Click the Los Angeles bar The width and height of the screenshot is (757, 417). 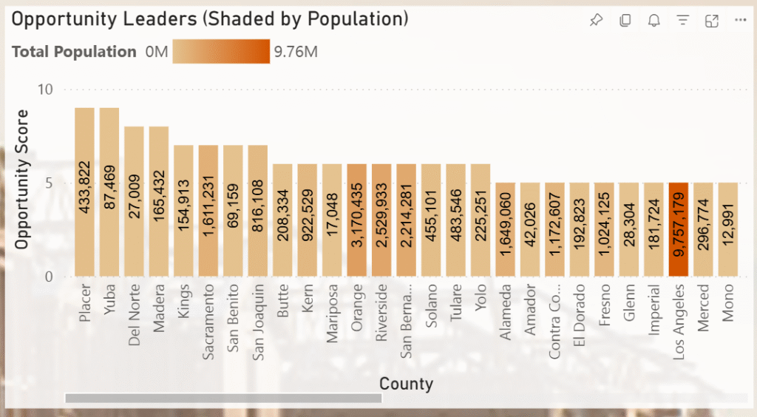(x=679, y=230)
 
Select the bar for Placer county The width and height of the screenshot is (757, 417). (x=84, y=192)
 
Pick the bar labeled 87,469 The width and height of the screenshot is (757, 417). (x=109, y=192)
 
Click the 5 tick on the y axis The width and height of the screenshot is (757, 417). (x=48, y=183)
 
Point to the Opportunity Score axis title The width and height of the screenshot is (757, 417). (x=21, y=179)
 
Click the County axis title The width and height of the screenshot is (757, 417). (x=406, y=383)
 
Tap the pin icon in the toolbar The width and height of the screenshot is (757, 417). (x=596, y=21)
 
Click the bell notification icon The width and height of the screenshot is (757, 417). (x=654, y=21)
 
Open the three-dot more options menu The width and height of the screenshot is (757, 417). (x=741, y=21)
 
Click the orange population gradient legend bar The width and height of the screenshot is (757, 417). (x=221, y=52)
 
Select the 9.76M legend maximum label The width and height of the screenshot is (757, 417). (x=296, y=52)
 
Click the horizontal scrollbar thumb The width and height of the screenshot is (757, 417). (x=223, y=398)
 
